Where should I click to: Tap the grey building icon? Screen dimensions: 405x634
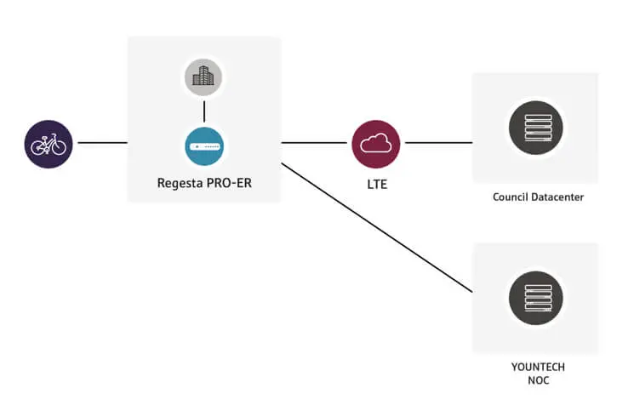203,78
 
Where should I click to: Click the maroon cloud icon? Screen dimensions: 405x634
375,143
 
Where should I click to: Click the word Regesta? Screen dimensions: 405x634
180,182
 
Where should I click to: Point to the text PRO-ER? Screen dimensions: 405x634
228,182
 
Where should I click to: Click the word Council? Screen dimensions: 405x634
511,197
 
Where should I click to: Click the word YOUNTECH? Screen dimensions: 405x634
536,367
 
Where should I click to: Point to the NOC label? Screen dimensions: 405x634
536,380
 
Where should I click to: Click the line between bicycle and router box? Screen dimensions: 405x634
102,143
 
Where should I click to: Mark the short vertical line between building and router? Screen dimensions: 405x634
203,111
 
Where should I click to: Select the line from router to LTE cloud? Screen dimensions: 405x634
315,143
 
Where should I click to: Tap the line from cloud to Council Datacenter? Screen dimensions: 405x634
436,143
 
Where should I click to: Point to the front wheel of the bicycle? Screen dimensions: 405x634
59,147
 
